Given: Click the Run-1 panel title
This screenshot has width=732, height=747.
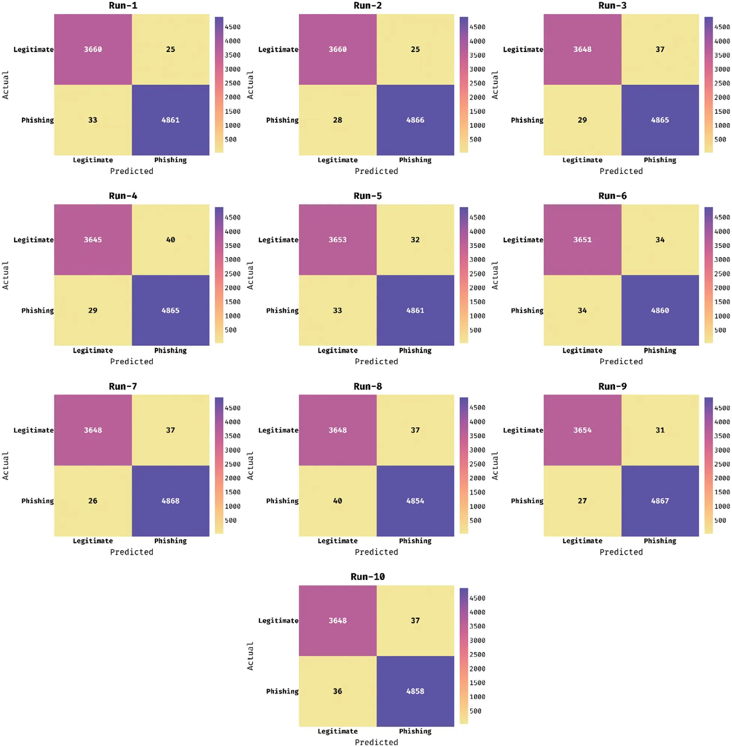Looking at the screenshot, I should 123,5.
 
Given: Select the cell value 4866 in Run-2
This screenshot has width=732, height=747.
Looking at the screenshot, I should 415,120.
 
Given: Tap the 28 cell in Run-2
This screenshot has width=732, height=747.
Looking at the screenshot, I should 337,120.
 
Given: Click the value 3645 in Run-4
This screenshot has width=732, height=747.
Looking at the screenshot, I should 93,239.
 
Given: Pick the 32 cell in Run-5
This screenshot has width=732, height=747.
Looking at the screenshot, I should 415,239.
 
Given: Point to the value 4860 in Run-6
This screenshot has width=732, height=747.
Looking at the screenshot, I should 660,310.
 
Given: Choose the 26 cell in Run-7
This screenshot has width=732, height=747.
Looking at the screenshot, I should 93,500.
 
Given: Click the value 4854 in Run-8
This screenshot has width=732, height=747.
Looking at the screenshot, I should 415,500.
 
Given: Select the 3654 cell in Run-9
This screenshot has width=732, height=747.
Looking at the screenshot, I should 582,430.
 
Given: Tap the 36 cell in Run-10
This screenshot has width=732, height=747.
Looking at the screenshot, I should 337,691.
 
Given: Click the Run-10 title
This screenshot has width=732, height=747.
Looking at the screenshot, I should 368,576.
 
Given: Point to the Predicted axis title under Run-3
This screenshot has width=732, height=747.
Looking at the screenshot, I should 621,171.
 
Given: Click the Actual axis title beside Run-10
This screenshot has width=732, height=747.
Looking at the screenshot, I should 250,656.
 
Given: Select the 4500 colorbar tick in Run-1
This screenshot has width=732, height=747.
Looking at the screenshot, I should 233,27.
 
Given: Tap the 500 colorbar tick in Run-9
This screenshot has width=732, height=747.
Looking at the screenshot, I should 720,520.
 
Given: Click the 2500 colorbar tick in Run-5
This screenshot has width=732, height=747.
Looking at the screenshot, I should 477,274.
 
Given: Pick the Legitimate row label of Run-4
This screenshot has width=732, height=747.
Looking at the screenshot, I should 33,239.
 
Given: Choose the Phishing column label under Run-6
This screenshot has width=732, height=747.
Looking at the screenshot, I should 660,350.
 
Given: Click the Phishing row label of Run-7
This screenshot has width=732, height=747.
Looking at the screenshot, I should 37,500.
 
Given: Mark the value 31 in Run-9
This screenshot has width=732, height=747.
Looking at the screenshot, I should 660,430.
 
